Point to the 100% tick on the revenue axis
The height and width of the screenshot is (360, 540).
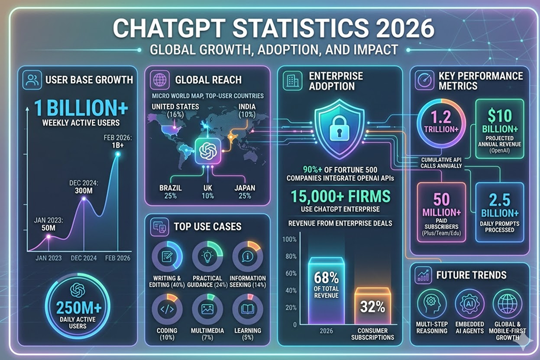tap(290, 239)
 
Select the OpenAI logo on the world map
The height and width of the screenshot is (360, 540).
tap(208, 151)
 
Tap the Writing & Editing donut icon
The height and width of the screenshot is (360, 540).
tap(167, 256)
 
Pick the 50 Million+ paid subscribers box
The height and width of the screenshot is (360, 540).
tap(441, 211)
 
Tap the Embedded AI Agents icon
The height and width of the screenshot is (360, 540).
tap(469, 305)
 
